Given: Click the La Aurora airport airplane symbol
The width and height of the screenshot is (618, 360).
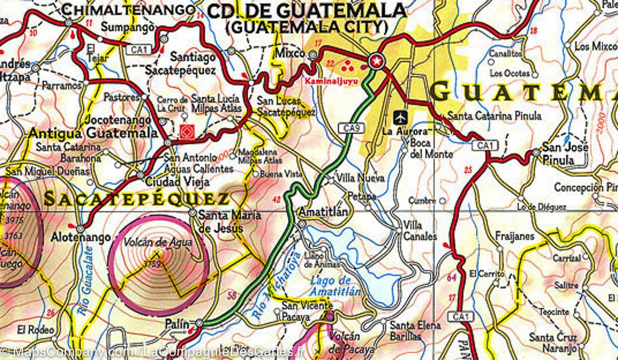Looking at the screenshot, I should [x=399, y=117].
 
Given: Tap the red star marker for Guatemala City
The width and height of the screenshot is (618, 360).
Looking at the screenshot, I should [x=376, y=61].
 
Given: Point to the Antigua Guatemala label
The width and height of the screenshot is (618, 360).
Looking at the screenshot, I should [x=93, y=133].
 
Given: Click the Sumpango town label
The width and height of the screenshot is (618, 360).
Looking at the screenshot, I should [x=122, y=27].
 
